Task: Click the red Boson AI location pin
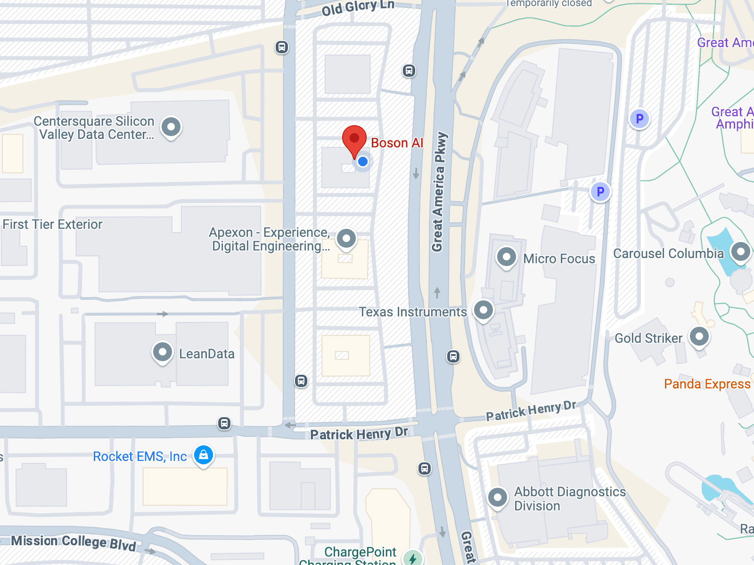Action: pyautogui.click(x=354, y=139)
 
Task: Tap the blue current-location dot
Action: pyautogui.click(x=362, y=161)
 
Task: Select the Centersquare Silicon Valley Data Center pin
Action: pyautogui.click(x=171, y=127)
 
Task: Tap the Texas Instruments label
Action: pyautogui.click(x=413, y=312)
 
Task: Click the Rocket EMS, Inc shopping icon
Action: pyautogui.click(x=204, y=455)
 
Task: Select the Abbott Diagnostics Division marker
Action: pyautogui.click(x=498, y=497)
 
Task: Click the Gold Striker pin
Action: pyautogui.click(x=699, y=337)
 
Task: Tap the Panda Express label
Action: pyautogui.click(x=707, y=384)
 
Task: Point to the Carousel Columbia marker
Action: pyautogui.click(x=740, y=252)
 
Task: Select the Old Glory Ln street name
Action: pyautogui.click(x=358, y=8)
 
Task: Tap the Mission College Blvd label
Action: pyautogui.click(x=74, y=542)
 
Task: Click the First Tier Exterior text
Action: pyautogui.click(x=52, y=225)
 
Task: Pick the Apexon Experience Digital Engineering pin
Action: pyautogui.click(x=346, y=239)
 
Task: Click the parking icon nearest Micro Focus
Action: pyautogui.click(x=600, y=192)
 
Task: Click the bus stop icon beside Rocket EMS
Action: pyautogui.click(x=224, y=423)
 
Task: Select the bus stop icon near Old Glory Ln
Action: pyautogui.click(x=282, y=47)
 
